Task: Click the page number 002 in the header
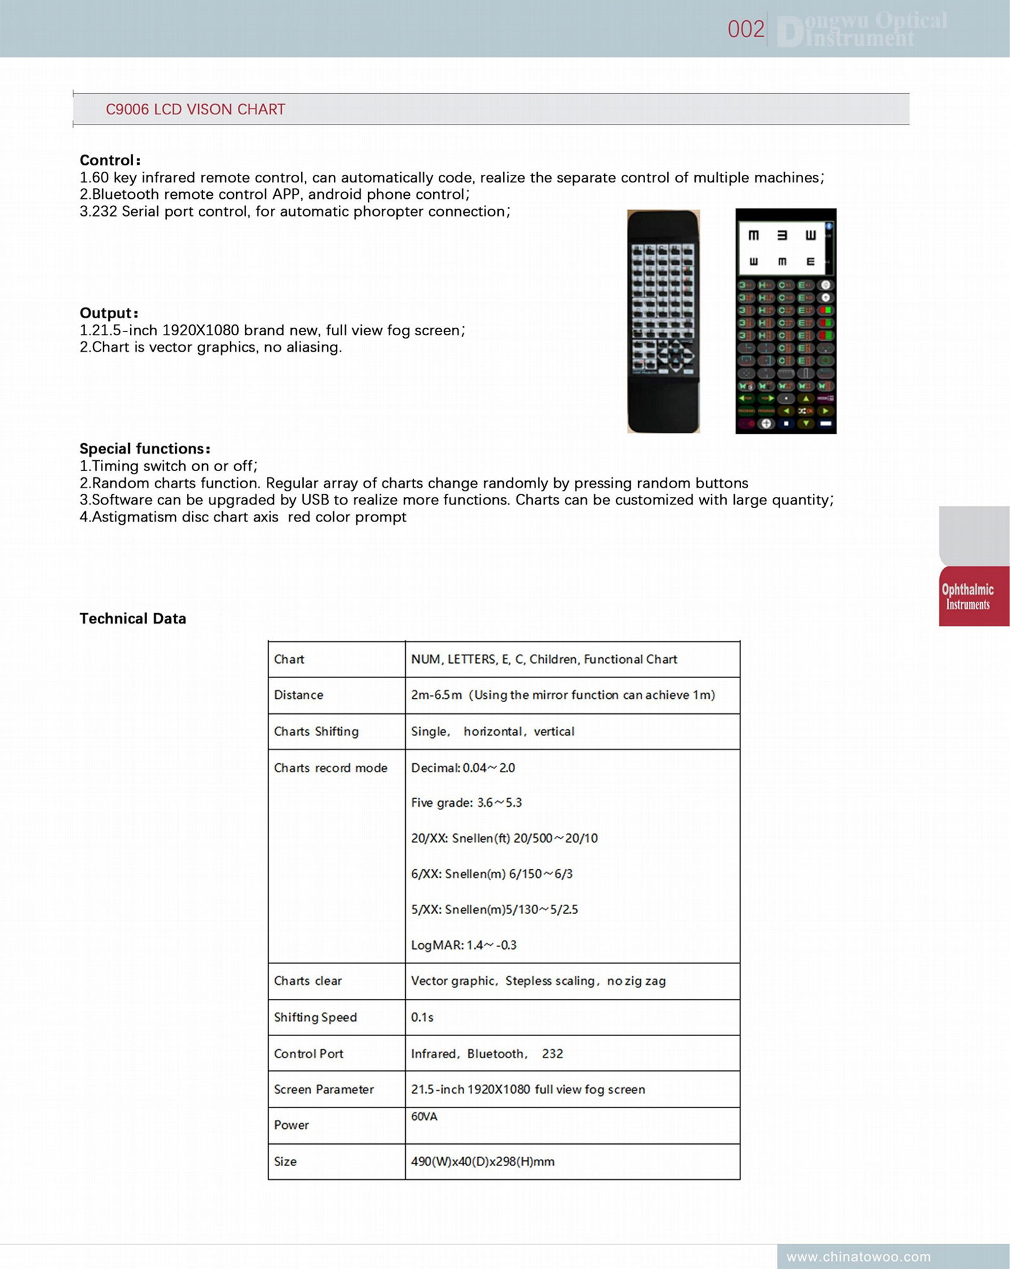[746, 29]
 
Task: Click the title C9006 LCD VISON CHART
[195, 109]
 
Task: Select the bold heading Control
[110, 160]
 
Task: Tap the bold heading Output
[109, 313]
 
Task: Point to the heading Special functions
[145, 448]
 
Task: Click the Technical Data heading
[133, 618]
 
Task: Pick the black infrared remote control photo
[663, 321]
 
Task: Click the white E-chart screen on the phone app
[781, 248]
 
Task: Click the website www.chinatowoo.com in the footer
[858, 1256]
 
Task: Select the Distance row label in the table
[299, 694]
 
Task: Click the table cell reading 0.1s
[422, 1017]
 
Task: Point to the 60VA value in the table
[424, 1116]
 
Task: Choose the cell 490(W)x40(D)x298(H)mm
[483, 1161]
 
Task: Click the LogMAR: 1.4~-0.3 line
[464, 944]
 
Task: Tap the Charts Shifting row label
[316, 731]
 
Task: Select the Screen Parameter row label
[324, 1089]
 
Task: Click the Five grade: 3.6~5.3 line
[466, 802]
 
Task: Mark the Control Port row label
[309, 1053]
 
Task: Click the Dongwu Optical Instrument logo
[862, 29]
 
